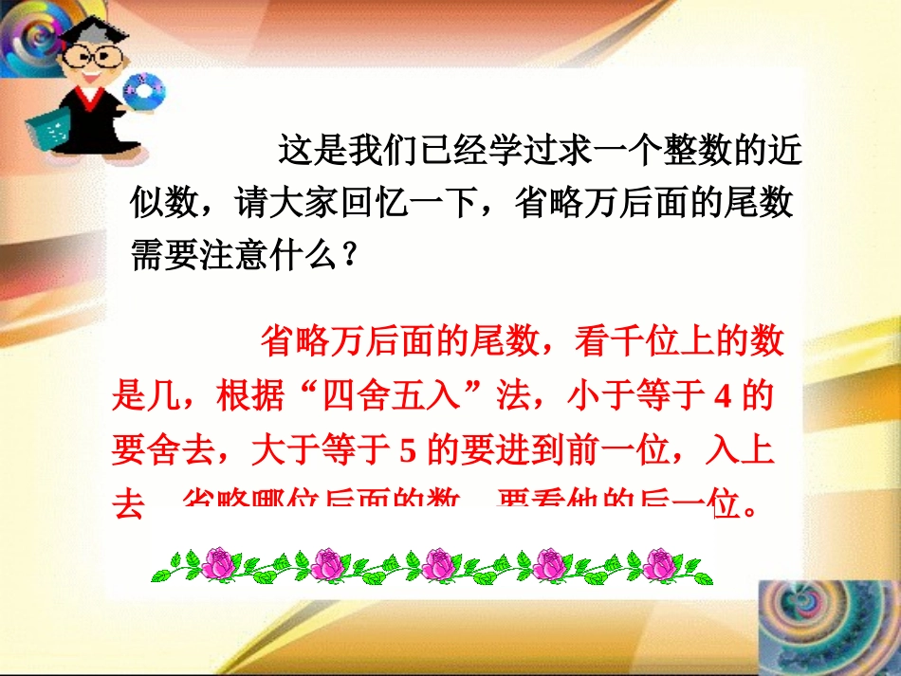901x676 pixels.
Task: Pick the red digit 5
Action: click(x=409, y=451)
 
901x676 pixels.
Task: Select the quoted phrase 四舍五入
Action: click(x=400, y=397)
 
